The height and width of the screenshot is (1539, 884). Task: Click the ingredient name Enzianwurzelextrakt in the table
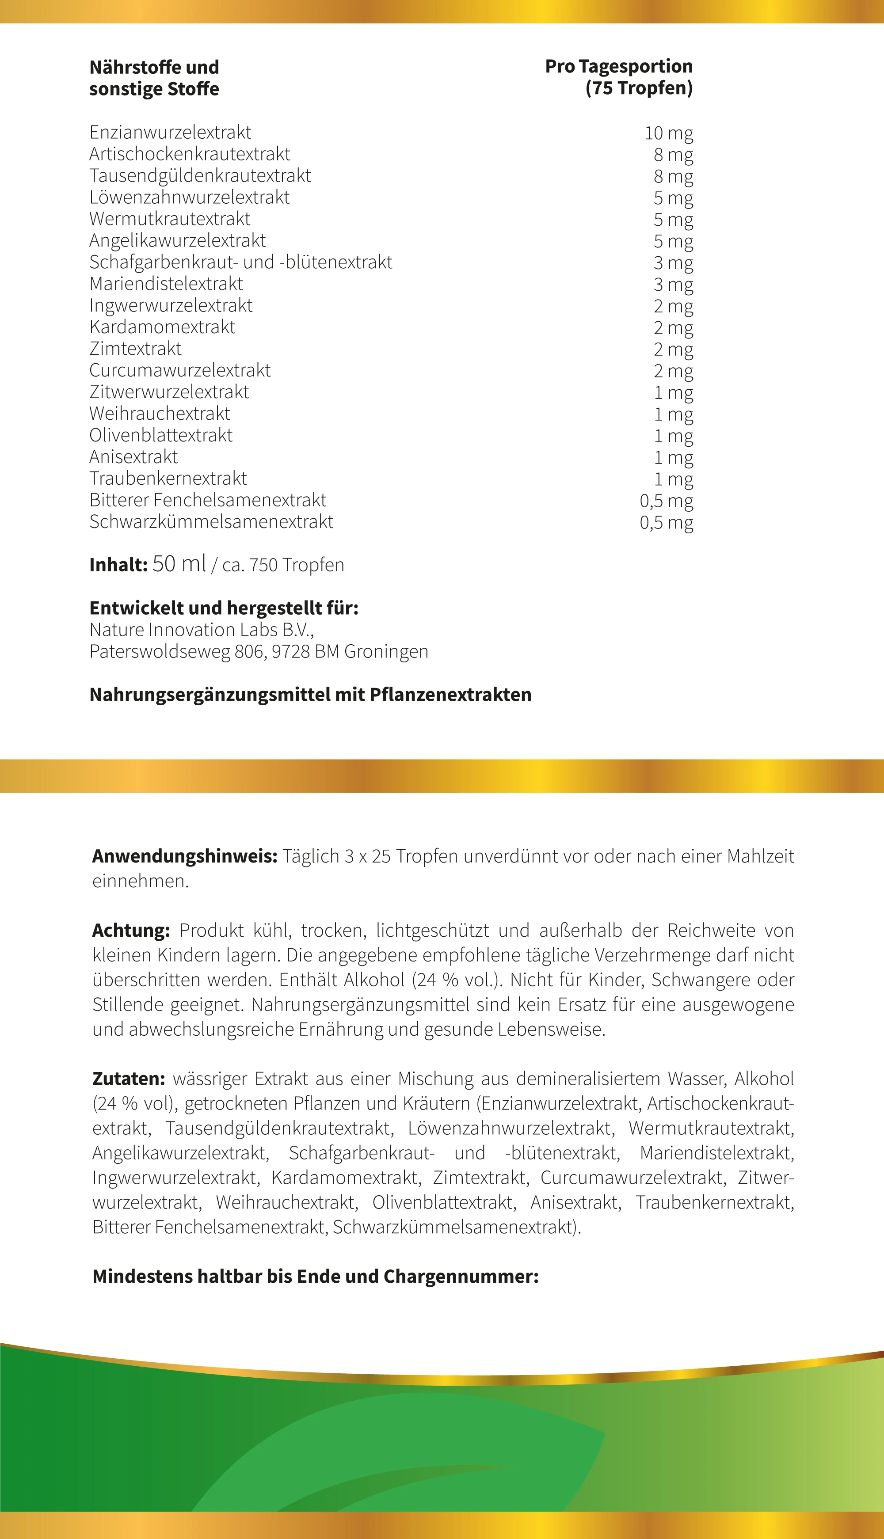tap(170, 132)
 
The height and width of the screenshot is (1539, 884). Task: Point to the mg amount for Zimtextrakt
tap(673, 350)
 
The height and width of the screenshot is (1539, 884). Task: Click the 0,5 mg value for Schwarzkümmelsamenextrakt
tap(666, 523)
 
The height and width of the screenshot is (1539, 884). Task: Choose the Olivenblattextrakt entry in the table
tap(161, 435)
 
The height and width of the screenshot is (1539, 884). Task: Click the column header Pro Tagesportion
tap(618, 66)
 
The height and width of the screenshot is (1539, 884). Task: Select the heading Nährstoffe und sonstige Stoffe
tap(154, 78)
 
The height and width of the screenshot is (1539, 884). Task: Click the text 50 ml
tap(179, 564)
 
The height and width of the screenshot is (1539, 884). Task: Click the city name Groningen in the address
tap(386, 652)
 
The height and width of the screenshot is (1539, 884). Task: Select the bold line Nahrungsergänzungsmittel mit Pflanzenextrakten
tap(310, 695)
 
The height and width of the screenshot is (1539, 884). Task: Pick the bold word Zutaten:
tap(129, 1079)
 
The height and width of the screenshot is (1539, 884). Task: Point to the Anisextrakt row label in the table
tap(133, 457)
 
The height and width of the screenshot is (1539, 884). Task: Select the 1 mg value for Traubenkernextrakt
tap(673, 479)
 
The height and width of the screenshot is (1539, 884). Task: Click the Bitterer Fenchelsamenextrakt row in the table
tap(208, 500)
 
